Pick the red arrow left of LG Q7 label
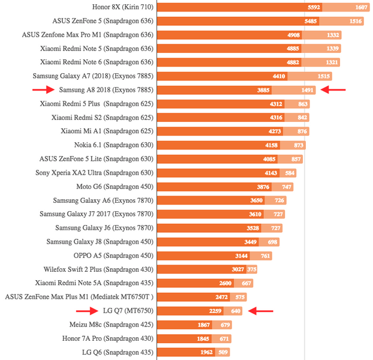point(87,311)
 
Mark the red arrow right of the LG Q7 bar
point(261,311)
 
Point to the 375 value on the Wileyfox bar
point(252,269)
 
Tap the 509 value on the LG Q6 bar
point(223,352)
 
